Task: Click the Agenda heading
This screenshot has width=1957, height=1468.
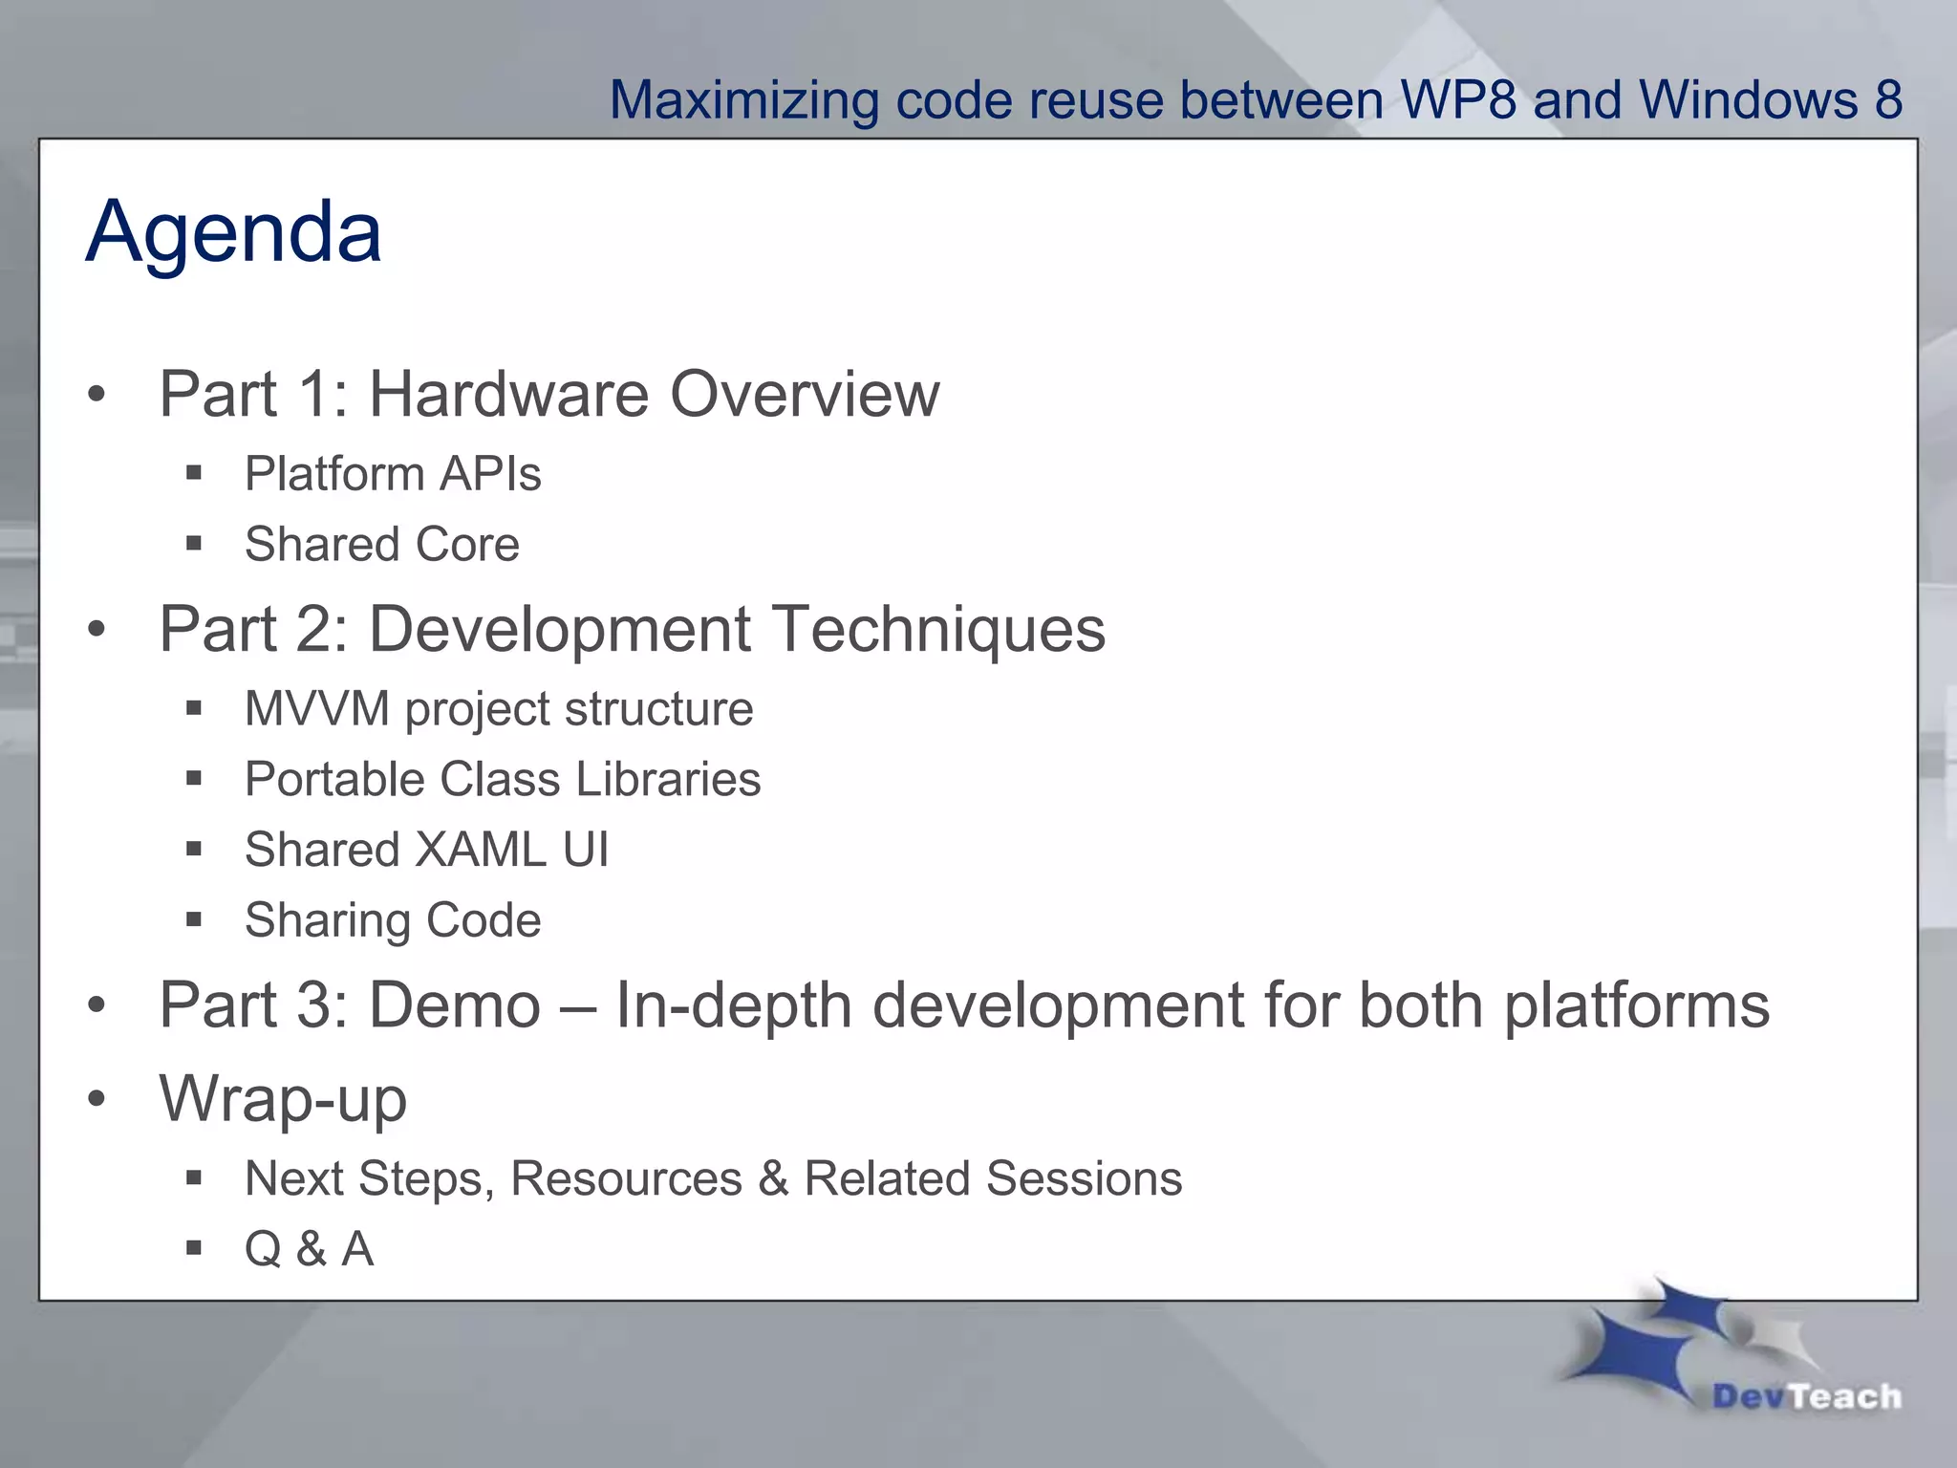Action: coord(233,232)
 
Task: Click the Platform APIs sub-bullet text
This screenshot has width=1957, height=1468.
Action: coord(393,474)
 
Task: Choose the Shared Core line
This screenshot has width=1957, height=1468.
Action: coord(382,545)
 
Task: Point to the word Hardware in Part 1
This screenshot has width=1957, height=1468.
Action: coord(508,394)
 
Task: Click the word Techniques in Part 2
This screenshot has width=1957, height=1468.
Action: coord(937,630)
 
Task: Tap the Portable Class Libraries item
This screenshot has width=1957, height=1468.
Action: coord(503,779)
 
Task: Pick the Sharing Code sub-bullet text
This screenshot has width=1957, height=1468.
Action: coord(393,920)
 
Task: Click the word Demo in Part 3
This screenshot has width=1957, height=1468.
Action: coord(455,1005)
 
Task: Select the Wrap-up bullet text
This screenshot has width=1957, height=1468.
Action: coord(283,1099)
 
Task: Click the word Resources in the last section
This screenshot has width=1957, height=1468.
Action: coord(626,1178)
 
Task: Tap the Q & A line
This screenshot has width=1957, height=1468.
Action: coord(309,1249)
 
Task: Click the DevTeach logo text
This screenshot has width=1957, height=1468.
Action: coord(1806,1396)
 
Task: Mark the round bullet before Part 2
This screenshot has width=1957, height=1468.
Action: coord(96,630)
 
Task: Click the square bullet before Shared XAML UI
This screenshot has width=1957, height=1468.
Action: coord(194,849)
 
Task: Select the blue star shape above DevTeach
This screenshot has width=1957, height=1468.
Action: coord(1644,1343)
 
